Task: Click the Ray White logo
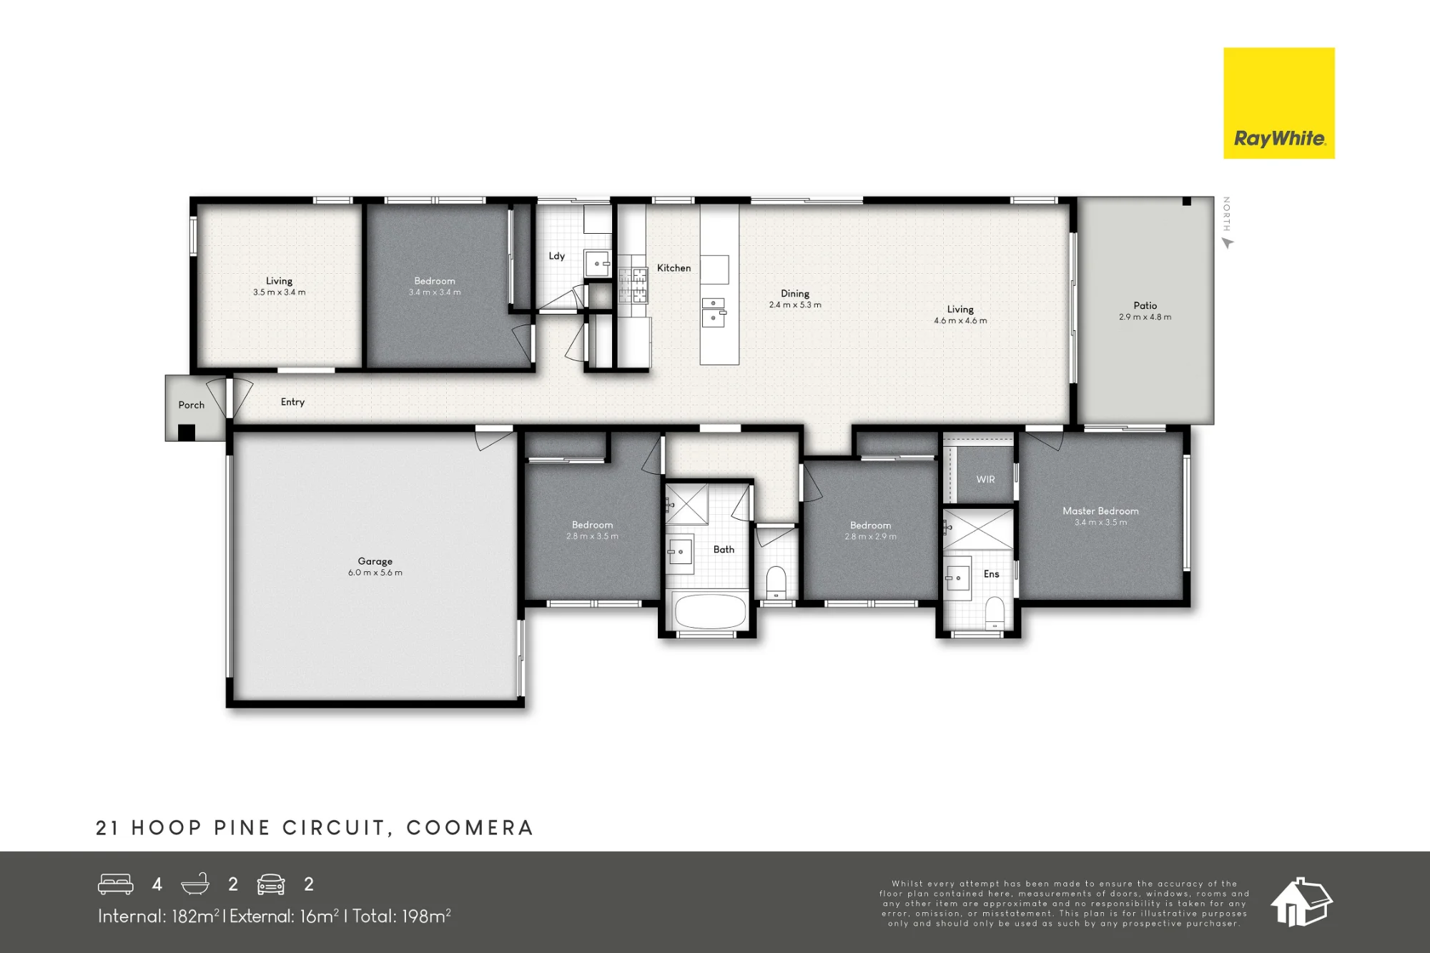coord(1278,103)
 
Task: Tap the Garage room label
coord(375,561)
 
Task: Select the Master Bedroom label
coord(1100,510)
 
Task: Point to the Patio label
coord(1145,305)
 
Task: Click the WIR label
coord(985,479)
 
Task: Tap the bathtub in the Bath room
coord(709,611)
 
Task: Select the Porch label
coord(191,405)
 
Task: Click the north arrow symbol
coord(1228,243)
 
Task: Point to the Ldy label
coord(556,256)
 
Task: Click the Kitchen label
coord(674,268)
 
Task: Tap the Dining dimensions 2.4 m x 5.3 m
coord(795,305)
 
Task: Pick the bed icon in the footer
coord(116,884)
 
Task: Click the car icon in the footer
coord(271,884)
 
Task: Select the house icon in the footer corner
coord(1301,902)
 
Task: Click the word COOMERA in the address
coord(470,828)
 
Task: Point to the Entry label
coord(292,402)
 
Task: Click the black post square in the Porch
coord(187,433)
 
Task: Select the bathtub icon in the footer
coord(195,884)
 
